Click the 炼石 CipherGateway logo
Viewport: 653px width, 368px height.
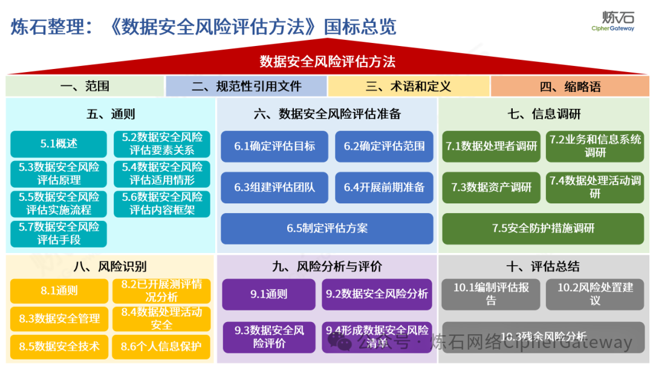[612, 21]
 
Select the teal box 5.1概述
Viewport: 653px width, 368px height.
[59, 144]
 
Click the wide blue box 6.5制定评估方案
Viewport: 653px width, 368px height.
[326, 228]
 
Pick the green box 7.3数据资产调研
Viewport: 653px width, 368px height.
[491, 187]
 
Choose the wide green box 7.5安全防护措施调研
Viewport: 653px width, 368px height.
[543, 228]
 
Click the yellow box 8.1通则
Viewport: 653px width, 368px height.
[59, 291]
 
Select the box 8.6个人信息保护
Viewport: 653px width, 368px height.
[161, 347]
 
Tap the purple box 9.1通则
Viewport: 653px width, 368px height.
[268, 294]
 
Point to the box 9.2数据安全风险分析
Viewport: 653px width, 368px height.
[377, 294]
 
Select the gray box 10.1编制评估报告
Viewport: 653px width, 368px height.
[491, 294]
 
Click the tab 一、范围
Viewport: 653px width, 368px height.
[85, 87]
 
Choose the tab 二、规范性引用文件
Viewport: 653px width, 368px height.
[246, 87]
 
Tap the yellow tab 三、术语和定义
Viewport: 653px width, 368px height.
[408, 87]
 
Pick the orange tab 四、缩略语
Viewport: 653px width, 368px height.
[570, 87]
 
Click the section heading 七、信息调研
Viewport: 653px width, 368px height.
[544, 114]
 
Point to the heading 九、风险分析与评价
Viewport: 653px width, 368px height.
[326, 267]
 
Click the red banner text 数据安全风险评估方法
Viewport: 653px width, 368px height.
[327, 62]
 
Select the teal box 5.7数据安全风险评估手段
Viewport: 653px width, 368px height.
[59, 233]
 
